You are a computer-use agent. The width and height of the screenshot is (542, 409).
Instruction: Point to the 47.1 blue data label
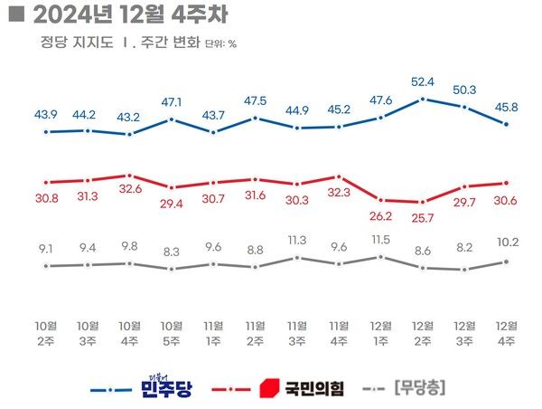171,102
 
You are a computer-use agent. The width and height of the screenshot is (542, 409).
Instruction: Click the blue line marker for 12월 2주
423,99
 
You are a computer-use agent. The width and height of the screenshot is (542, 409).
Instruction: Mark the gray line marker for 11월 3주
296,258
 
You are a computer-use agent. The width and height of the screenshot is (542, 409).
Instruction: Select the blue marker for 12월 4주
507,124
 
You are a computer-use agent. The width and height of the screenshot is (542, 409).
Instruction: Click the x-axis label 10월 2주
46,332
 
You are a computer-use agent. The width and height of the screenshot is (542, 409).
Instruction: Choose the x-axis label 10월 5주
172,332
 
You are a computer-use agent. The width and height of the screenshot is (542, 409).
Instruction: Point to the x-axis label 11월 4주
339,332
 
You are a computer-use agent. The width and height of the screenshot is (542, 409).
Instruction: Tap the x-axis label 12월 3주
464,332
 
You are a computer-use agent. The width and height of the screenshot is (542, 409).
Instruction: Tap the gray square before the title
12,15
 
